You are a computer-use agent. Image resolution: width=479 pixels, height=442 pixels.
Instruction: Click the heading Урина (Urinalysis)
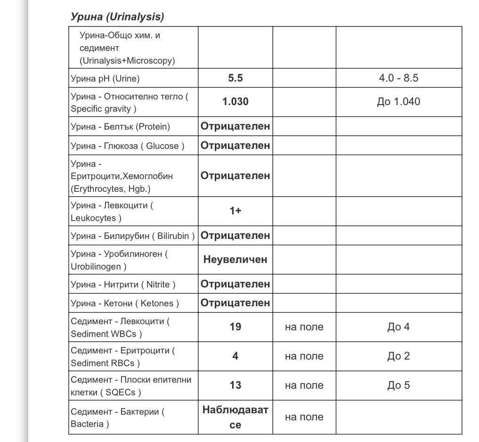(117, 17)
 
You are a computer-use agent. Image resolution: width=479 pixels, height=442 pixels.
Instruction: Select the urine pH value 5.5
(235, 78)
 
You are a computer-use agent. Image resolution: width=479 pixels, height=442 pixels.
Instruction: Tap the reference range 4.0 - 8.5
(398, 78)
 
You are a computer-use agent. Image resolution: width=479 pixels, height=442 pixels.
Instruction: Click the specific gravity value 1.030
(235, 102)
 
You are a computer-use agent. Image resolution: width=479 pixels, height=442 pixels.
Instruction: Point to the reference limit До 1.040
(398, 102)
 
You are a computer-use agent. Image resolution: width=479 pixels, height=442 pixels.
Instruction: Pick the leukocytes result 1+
(235, 211)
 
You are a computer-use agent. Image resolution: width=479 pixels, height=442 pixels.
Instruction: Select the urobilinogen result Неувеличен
(235, 259)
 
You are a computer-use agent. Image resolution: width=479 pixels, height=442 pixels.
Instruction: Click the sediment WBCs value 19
(235, 327)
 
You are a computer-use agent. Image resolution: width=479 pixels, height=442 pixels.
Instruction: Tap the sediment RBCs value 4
(235, 356)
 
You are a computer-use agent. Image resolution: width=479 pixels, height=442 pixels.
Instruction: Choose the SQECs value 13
(235, 385)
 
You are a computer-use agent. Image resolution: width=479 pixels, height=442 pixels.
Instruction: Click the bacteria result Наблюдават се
(235, 417)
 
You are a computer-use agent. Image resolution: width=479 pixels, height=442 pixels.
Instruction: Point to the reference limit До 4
(398, 327)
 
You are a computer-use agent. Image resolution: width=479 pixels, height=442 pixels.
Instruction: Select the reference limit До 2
(398, 356)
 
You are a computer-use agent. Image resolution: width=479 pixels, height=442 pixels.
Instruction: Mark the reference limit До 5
(398, 385)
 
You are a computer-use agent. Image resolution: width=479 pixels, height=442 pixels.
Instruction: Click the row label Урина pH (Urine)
(105, 79)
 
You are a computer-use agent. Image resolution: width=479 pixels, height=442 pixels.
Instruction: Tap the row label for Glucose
(127, 146)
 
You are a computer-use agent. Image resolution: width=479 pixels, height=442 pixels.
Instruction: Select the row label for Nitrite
(123, 284)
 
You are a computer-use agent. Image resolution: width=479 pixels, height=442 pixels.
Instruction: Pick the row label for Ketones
(125, 303)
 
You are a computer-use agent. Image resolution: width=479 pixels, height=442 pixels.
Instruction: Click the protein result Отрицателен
(235, 126)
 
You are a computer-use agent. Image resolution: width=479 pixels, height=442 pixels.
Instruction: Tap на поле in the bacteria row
(304, 417)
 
